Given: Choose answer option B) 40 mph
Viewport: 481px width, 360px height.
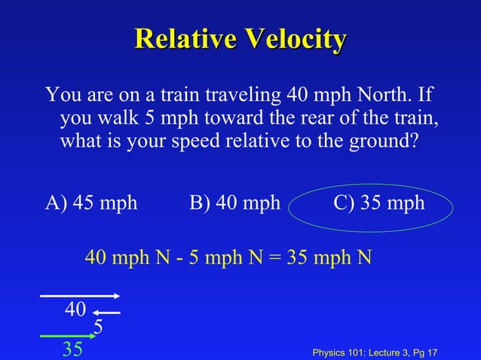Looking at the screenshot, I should (234, 203).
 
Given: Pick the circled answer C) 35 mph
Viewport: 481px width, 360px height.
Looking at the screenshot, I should (379, 203).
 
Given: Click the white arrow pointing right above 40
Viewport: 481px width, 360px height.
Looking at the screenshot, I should (80, 296).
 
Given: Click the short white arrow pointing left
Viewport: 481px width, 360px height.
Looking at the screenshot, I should (107, 313).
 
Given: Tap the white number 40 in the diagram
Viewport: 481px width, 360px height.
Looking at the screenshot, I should (75, 310).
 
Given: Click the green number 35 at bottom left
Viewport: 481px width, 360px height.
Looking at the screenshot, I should (73, 349).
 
